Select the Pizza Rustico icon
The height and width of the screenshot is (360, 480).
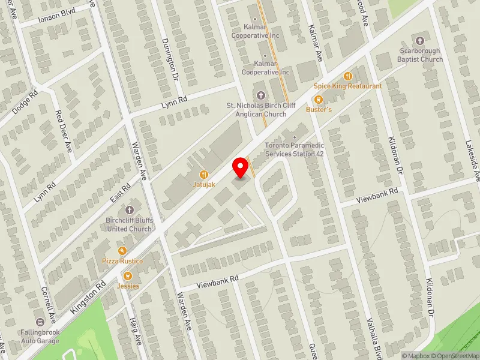tap(122, 250)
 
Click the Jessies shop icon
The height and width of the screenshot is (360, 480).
tap(127, 275)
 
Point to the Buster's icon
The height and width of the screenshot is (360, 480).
tap(319, 100)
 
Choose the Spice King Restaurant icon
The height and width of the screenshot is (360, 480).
tap(347, 76)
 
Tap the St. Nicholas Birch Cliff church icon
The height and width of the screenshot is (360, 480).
tap(260, 95)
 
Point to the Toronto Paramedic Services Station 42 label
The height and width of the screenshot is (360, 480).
tap(295, 149)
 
